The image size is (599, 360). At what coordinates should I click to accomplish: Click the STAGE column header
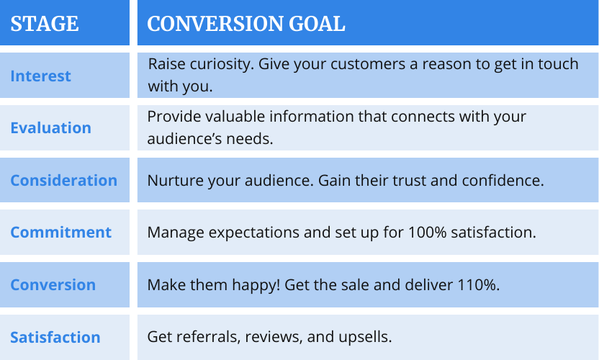pos(45,24)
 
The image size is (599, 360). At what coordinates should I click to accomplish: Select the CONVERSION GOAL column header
pos(246,24)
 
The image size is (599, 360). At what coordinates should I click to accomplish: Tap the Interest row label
pos(40,76)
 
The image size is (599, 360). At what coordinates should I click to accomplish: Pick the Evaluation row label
pos(51,127)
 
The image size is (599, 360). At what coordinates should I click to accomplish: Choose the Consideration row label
pos(64,181)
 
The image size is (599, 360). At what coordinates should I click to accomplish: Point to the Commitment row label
pos(60,232)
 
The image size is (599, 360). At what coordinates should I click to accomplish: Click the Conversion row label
pos(53,284)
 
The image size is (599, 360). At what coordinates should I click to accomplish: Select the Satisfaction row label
pos(55,337)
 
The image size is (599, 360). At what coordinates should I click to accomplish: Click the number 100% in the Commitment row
pos(427,233)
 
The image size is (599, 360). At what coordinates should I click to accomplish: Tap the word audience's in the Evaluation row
pos(184,138)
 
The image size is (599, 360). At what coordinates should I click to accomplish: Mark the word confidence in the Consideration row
pos(500,181)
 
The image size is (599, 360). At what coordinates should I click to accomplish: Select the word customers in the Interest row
pos(368,64)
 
